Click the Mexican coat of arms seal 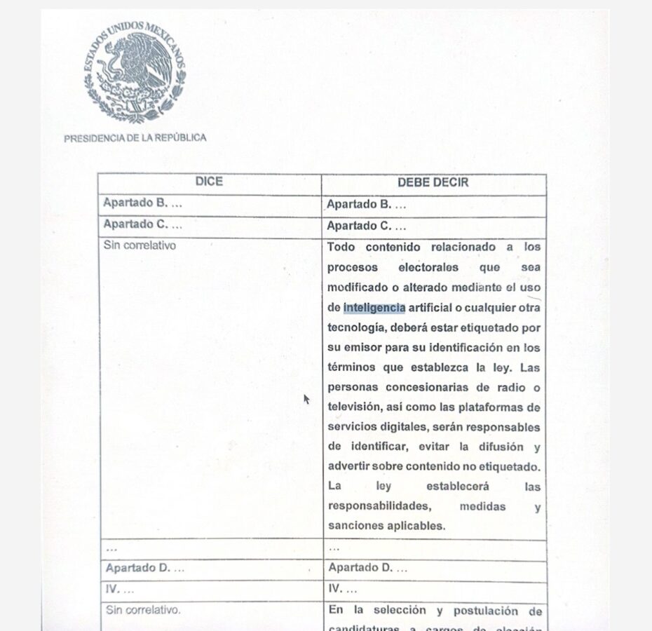[x=135, y=72]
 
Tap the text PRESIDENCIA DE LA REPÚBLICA [x=135, y=138]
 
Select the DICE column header [x=209, y=182]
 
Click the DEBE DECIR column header [x=433, y=182]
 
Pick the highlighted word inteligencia [x=374, y=307]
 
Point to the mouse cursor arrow [x=306, y=398]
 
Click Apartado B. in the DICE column [x=142, y=203]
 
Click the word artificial [x=435, y=307]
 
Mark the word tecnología [x=355, y=327]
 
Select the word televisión [x=357, y=407]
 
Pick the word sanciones [x=355, y=526]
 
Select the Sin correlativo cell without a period [x=140, y=245]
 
